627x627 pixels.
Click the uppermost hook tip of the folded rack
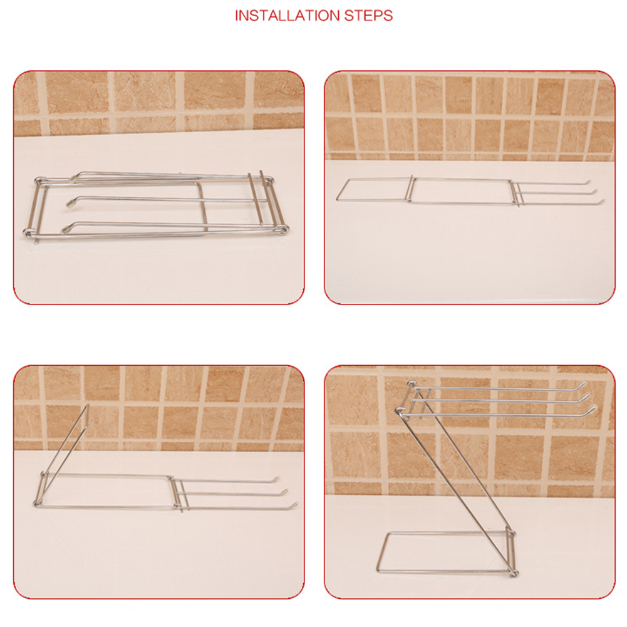(73, 179)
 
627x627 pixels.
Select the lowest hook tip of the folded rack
(65, 229)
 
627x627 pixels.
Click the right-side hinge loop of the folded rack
(284, 229)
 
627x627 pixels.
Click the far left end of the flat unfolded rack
(337, 199)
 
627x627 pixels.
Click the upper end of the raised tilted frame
(88, 407)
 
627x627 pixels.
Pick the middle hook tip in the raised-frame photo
(285, 491)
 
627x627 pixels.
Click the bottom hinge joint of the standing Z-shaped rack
(514, 573)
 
